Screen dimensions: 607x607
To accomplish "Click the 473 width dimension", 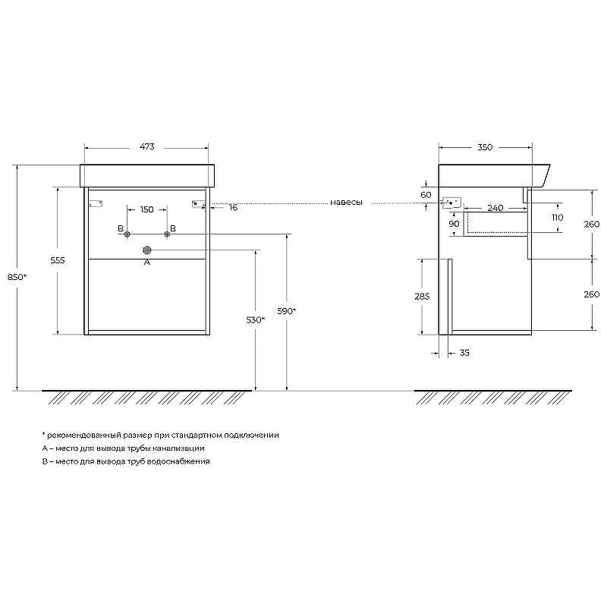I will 146,147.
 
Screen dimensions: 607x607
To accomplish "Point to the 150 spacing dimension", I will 146,209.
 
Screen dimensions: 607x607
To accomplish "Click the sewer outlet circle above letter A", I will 147,250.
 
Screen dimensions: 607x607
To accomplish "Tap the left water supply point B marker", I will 127,234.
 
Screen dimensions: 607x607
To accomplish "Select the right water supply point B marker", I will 167,234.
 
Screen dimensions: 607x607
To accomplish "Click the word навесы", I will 346,203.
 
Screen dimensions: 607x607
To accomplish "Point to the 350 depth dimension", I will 486,147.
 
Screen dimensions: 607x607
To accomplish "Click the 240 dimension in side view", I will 495,208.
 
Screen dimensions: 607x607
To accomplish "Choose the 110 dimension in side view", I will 558,218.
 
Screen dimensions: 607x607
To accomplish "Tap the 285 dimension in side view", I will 423,297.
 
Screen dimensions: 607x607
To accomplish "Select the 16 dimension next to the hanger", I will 233,207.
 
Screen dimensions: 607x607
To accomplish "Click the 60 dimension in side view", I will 426,195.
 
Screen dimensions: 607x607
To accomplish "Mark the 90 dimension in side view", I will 454,224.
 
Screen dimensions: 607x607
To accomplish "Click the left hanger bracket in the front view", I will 96,203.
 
